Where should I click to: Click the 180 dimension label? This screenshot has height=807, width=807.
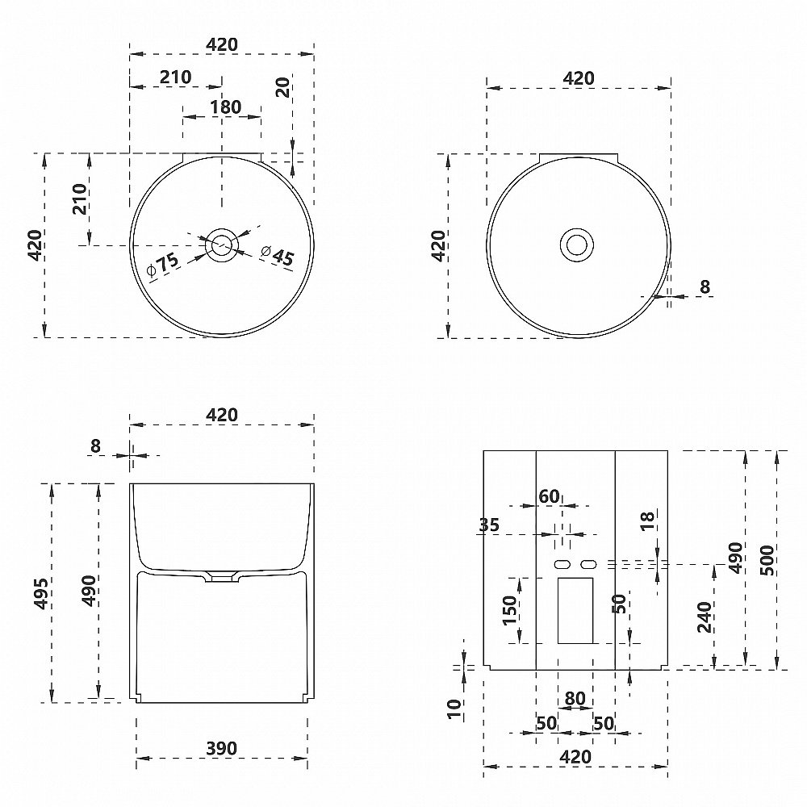coord(225,107)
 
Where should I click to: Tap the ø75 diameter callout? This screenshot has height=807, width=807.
coord(162,266)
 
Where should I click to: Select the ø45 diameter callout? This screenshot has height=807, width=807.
coord(278,255)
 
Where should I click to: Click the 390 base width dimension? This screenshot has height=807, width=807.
coord(221,748)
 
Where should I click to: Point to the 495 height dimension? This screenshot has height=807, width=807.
coord(41,593)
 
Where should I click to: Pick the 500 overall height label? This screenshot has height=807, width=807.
coord(766,561)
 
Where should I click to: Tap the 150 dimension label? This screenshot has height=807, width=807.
coord(508,610)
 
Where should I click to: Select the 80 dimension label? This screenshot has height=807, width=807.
coord(575,698)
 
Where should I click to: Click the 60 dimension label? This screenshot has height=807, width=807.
coord(549,496)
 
